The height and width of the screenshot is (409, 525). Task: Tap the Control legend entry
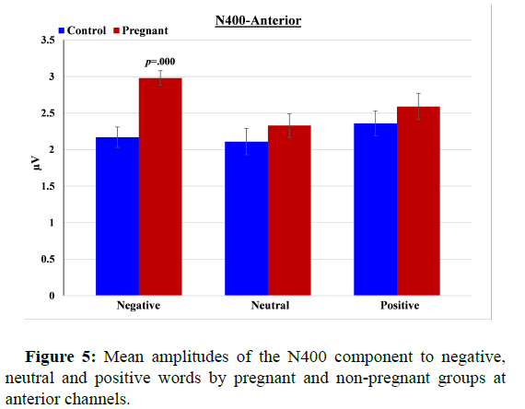point(86,30)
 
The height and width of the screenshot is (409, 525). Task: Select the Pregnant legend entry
point(146,30)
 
